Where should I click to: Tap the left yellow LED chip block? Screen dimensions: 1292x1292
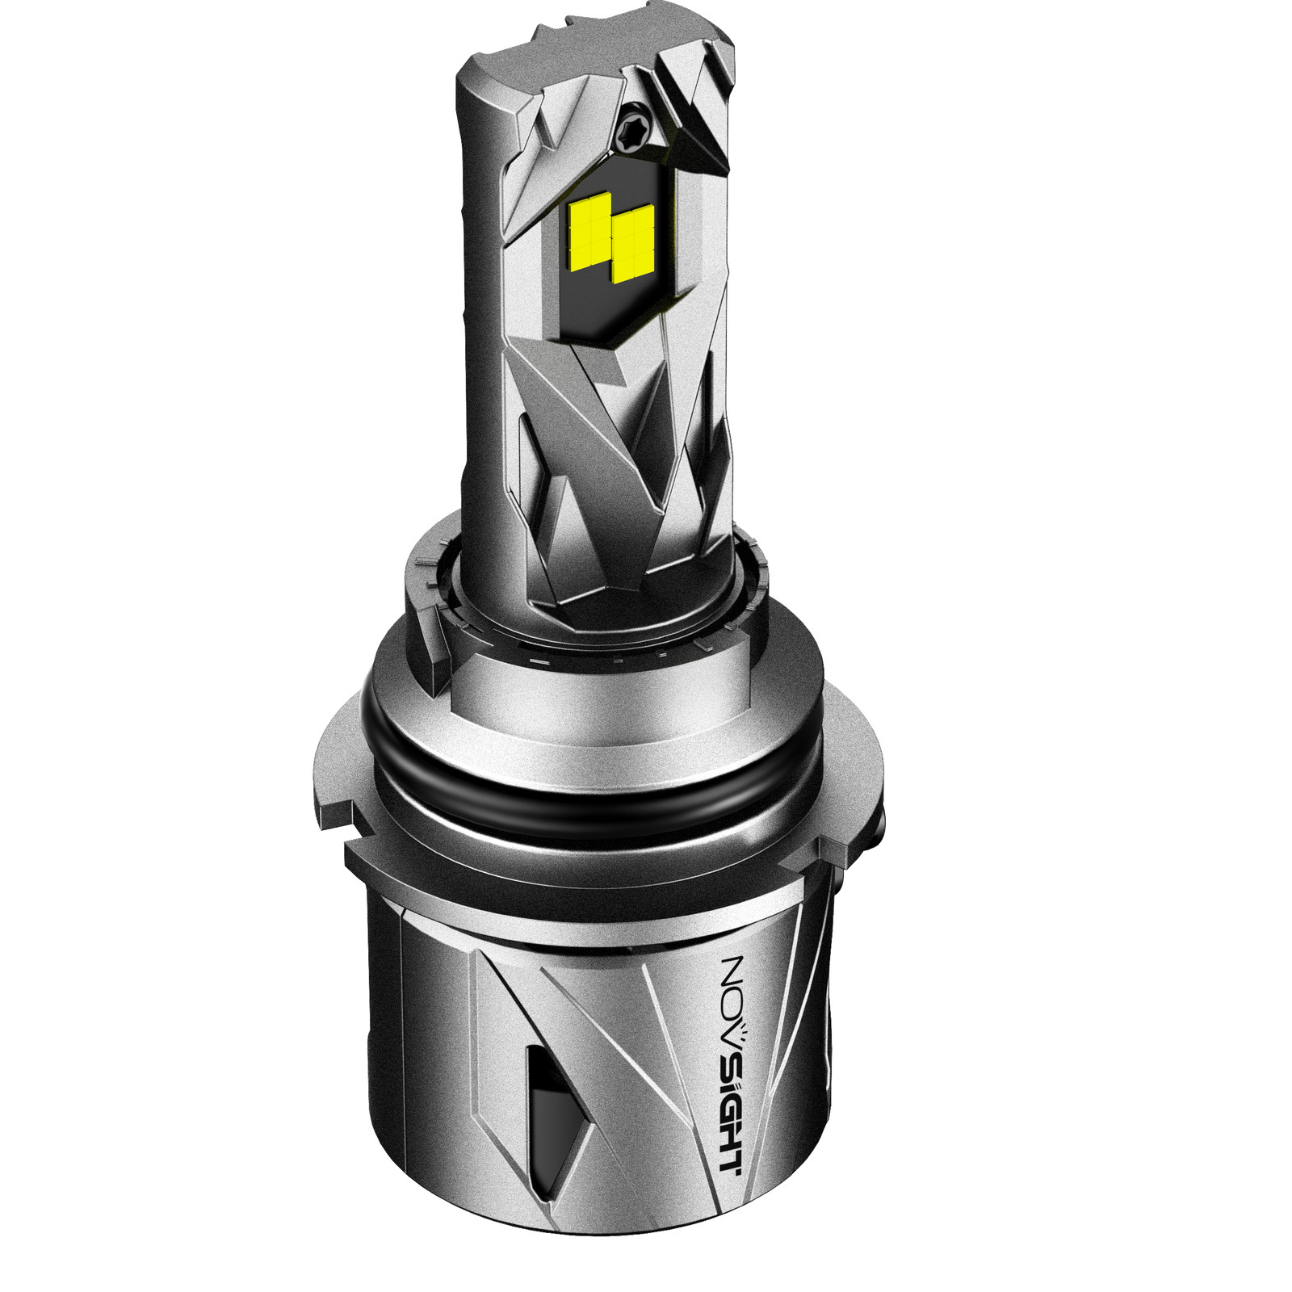(589, 231)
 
